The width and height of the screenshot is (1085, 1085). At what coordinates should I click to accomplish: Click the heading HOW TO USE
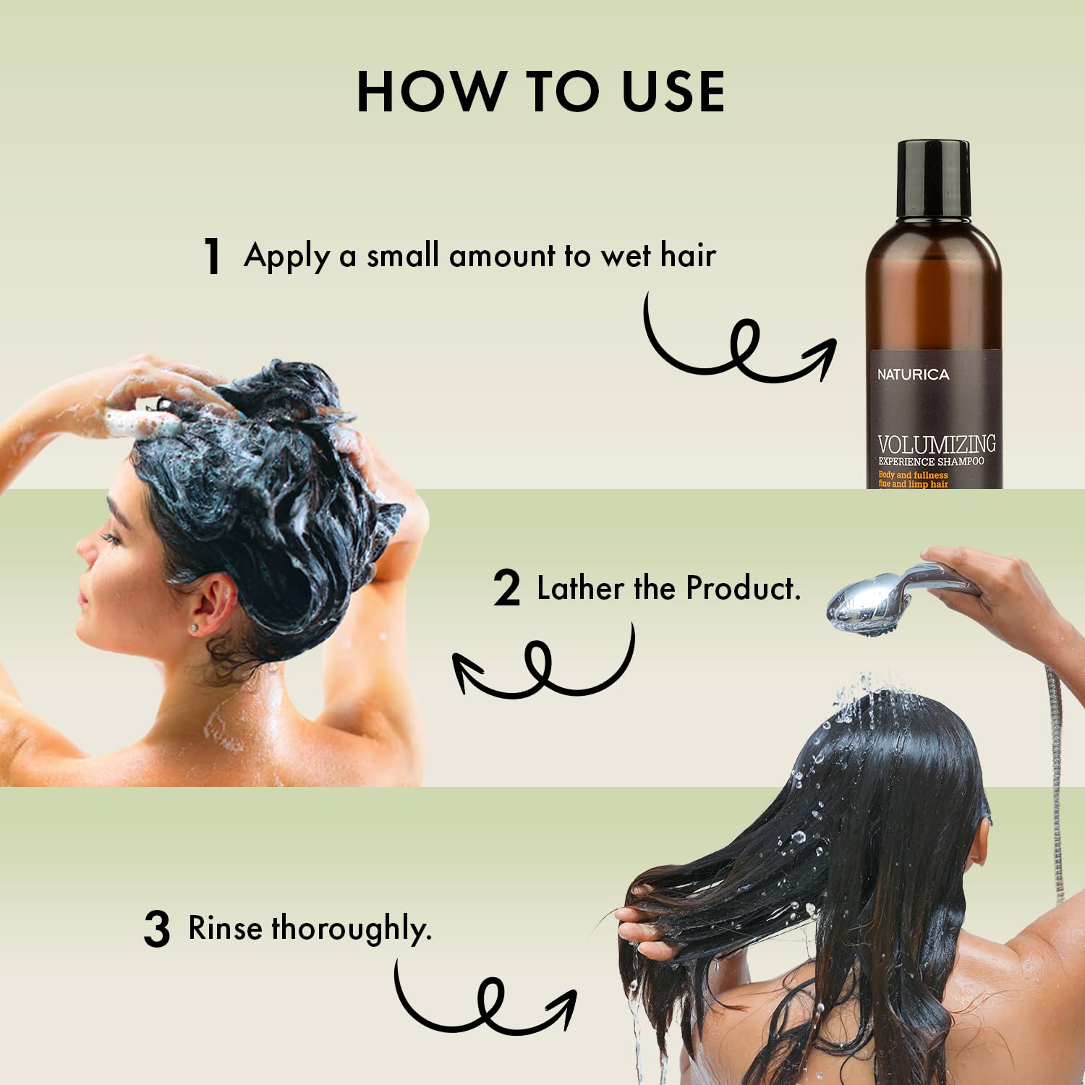coord(541,92)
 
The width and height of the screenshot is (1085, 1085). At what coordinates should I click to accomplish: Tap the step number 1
coord(212,256)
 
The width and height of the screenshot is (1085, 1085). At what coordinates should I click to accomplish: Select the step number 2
coord(506,589)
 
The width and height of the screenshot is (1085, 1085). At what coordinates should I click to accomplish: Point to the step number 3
coord(156,929)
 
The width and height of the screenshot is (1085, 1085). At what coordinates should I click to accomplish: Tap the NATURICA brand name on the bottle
coord(913,375)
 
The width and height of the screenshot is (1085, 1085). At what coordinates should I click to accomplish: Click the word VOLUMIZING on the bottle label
coord(937,443)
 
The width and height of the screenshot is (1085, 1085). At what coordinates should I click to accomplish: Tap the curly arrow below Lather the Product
coord(542,665)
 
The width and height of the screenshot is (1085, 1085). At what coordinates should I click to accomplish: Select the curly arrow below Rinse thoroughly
coord(485,998)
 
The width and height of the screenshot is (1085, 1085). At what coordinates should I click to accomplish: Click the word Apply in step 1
coord(287,257)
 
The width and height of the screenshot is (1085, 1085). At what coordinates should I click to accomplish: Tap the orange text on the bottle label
coord(913,480)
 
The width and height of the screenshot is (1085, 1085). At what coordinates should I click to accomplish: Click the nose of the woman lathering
coord(85,553)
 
